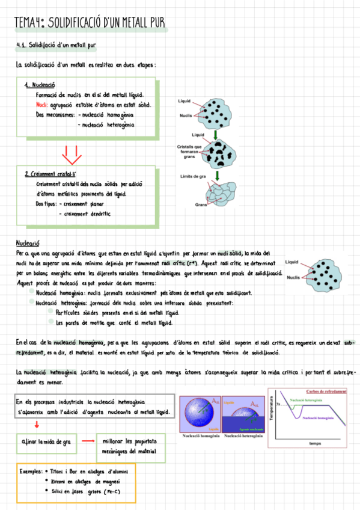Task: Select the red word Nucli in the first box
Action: (41, 105)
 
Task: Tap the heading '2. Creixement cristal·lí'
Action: (50, 174)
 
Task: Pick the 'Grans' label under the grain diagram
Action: (201, 205)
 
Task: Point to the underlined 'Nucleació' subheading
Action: (28, 243)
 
